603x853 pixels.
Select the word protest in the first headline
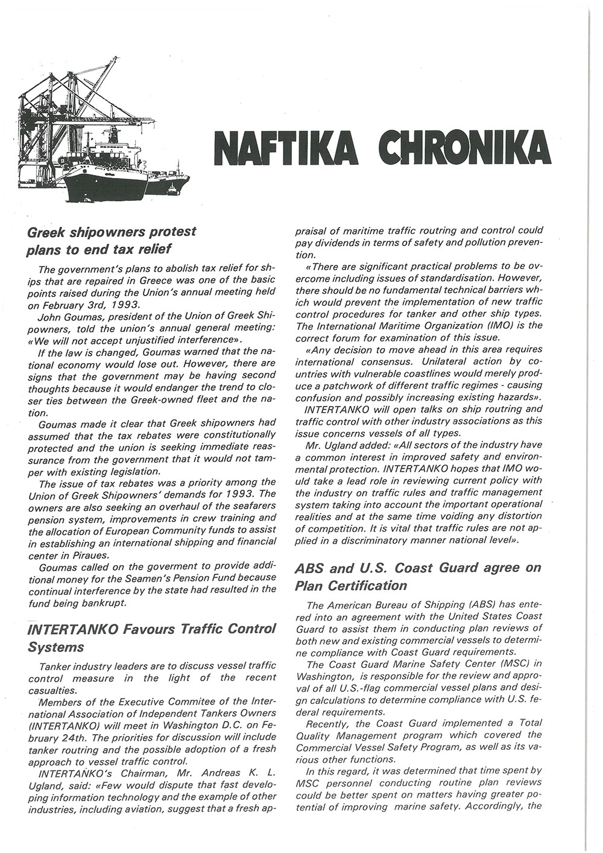[x=163, y=232]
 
